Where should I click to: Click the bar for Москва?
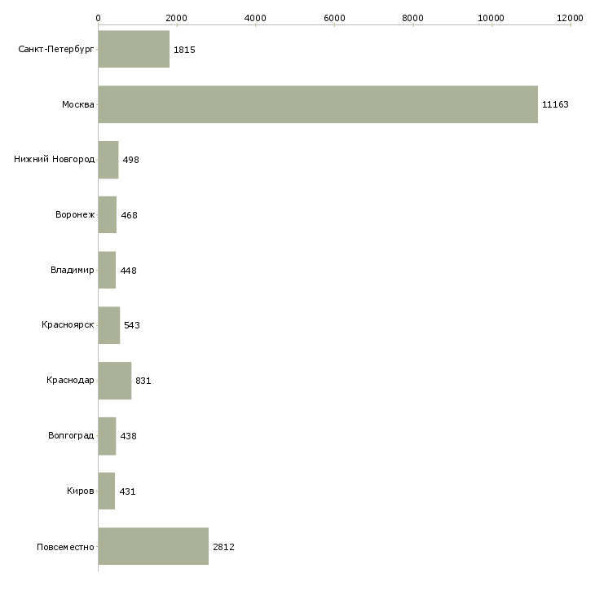(x=318, y=104)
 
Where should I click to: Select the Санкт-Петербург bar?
(x=134, y=50)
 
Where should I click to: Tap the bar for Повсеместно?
(x=153, y=547)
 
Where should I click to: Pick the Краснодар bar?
(x=114, y=381)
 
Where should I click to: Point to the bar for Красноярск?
(x=109, y=325)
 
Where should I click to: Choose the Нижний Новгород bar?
(x=108, y=160)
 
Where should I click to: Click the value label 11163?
(x=555, y=104)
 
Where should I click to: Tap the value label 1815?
(x=184, y=50)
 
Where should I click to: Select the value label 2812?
(x=223, y=547)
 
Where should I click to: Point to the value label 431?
(x=127, y=491)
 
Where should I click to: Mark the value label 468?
(x=129, y=215)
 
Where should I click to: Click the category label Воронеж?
(x=75, y=215)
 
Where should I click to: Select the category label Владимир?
(x=73, y=270)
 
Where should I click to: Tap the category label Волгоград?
(x=71, y=436)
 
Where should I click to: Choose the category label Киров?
(x=81, y=491)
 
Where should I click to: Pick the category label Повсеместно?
(x=66, y=547)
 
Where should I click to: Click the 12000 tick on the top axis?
(x=571, y=17)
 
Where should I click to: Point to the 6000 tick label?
(x=334, y=17)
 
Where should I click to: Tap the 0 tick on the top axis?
(x=98, y=17)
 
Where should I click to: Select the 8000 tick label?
(x=413, y=17)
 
